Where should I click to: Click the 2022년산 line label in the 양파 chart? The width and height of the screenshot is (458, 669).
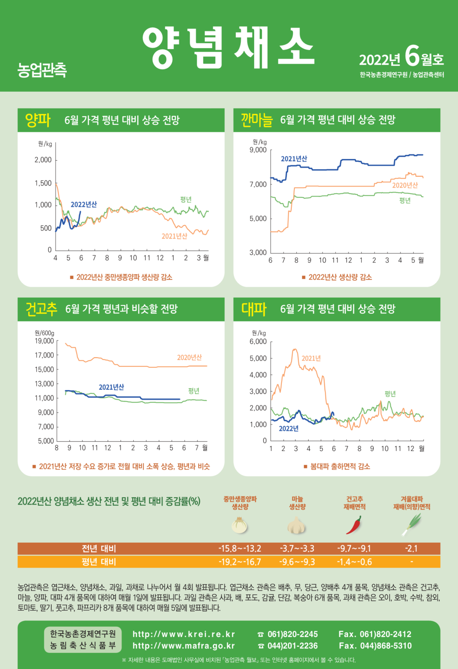84,204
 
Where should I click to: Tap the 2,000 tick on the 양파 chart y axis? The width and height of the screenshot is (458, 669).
44,160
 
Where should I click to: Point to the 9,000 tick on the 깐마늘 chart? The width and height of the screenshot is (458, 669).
258,150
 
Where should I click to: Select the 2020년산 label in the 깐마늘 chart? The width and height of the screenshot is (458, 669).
405,185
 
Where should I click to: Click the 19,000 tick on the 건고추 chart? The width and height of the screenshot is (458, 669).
44,341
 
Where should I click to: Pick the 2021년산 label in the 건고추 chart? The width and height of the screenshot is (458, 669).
111,387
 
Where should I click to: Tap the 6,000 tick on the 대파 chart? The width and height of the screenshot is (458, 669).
258,342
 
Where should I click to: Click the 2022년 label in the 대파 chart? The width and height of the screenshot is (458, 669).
289,429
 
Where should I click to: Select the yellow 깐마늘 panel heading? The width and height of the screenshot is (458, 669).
256,120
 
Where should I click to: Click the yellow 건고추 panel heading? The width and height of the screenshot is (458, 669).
41,309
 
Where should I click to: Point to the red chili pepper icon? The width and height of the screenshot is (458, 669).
354,525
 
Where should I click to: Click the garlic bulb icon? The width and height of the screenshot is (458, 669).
297,525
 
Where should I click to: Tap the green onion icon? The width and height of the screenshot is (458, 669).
411,524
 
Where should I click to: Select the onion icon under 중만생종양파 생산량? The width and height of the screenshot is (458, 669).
240,525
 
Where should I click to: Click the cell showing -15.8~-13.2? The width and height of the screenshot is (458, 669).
240,549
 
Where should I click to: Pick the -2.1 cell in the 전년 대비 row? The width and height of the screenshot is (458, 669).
411,549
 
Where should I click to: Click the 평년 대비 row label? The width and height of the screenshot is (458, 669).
99,562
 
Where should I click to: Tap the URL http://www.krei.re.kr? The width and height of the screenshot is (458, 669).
184,634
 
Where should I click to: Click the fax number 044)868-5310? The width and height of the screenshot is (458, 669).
386,646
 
